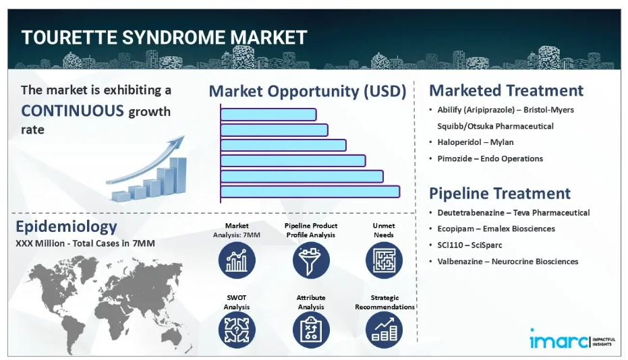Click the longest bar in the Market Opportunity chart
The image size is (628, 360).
[310, 192]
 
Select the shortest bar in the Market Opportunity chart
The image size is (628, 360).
[268, 115]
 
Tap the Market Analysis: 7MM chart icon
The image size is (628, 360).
[237, 260]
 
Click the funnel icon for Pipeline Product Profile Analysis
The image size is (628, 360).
[311, 260]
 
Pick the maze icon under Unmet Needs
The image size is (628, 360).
[384, 260]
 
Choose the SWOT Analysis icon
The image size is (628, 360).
[237, 330]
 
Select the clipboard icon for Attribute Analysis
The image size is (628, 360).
[311, 330]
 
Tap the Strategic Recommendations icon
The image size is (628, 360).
[384, 330]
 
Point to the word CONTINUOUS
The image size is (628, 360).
[72, 111]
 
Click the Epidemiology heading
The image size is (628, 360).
[67, 227]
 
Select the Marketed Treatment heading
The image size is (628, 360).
[506, 90]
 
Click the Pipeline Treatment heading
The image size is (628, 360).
[500, 193]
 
